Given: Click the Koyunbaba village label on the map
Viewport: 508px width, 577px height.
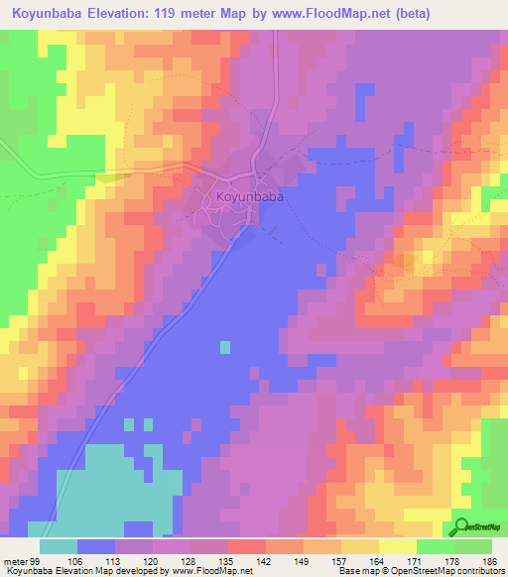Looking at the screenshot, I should tap(250, 197).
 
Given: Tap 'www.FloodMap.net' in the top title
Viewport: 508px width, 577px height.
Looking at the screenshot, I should tap(355, 13).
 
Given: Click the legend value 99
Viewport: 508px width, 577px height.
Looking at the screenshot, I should tap(36, 562).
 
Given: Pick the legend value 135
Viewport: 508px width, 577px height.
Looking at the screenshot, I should tap(209, 562).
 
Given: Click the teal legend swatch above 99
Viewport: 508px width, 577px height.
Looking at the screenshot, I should tap(59, 547).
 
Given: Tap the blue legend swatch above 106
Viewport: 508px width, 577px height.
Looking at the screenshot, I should tap(96, 547).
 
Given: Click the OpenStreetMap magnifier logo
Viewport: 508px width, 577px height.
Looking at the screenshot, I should tap(461, 525).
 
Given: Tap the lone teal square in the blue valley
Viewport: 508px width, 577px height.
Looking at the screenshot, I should tap(225, 347).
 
